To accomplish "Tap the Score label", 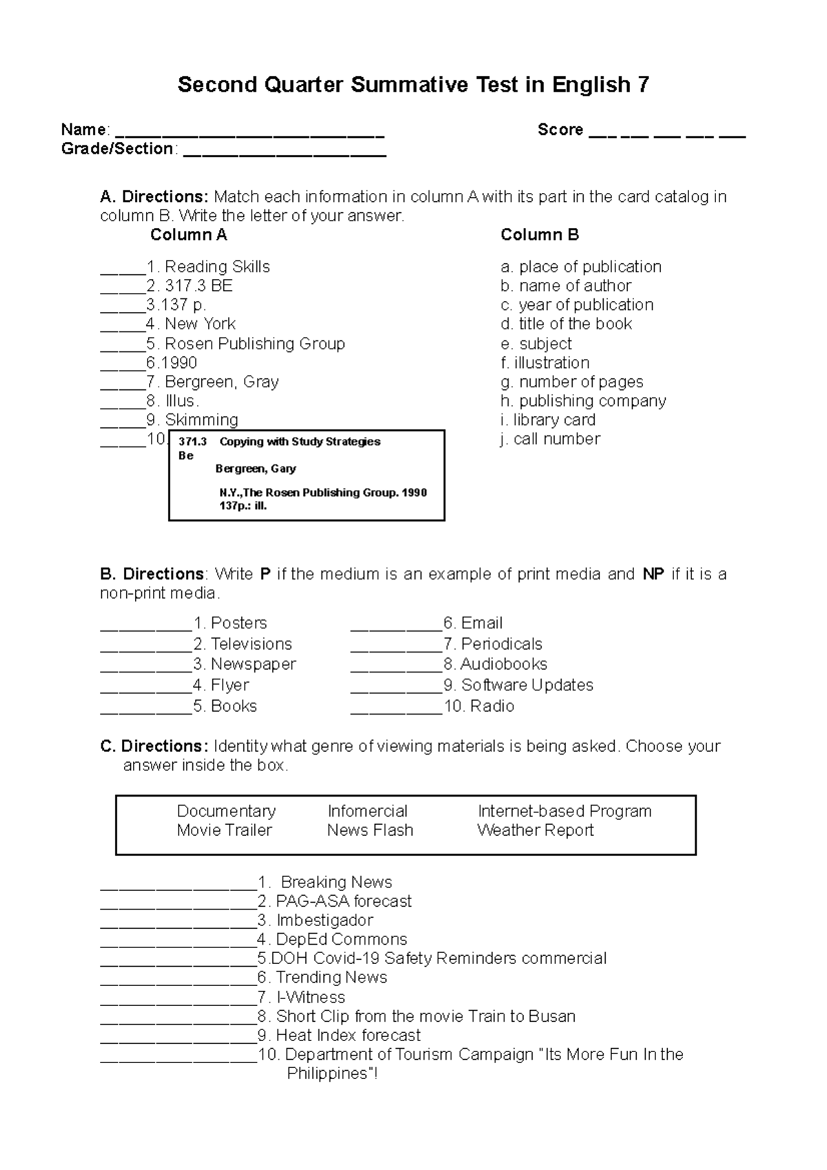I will [x=560, y=130].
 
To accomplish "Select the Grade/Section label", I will [x=117, y=149].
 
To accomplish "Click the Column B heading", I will [x=539, y=235].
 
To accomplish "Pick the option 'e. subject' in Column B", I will [x=536, y=344].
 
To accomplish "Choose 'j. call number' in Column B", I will [x=550, y=439].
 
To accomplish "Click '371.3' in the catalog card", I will [x=192, y=442].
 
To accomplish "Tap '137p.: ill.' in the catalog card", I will [x=243, y=506].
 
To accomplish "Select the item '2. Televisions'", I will [x=243, y=644].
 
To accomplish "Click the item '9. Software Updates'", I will [x=518, y=685].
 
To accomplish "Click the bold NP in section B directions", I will [x=652, y=574].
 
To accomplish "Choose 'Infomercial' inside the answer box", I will [x=367, y=811].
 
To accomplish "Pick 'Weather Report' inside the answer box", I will [x=535, y=830].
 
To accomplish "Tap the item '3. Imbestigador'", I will [x=315, y=921].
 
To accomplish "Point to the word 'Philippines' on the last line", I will [x=328, y=1074].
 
